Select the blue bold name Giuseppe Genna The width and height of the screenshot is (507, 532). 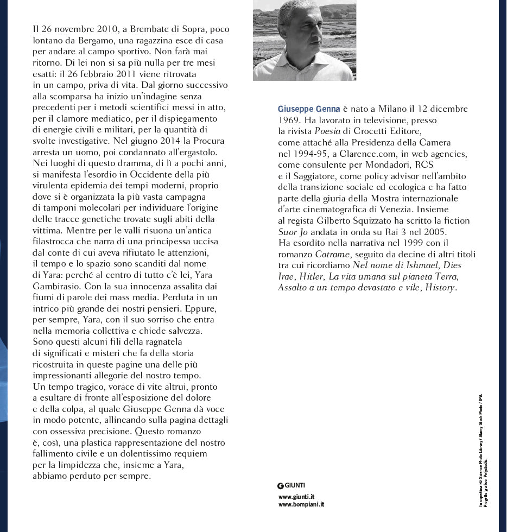click(309, 109)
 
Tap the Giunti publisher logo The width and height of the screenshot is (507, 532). click(291, 485)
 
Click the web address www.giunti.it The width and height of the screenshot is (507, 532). click(296, 497)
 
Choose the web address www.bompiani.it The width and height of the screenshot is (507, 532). click(301, 505)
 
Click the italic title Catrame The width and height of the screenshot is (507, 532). click(332, 254)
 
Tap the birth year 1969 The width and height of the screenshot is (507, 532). click(288, 120)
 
